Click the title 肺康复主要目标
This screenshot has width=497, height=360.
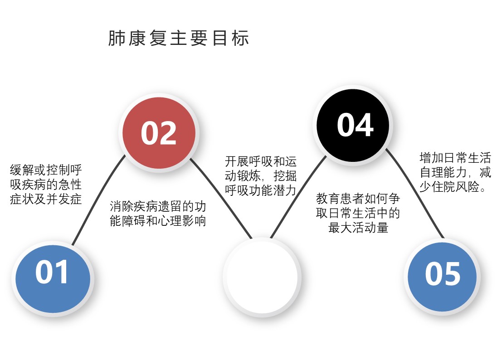click(x=179, y=39)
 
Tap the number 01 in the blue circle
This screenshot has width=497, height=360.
click(x=52, y=272)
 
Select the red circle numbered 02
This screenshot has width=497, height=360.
click(x=159, y=133)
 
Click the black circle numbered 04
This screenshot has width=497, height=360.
click(x=353, y=125)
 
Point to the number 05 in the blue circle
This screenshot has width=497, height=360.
click(x=443, y=274)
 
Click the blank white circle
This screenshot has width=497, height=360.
click(x=262, y=277)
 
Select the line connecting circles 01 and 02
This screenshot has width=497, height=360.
click(x=98, y=199)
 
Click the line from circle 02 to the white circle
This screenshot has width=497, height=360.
click(x=221, y=198)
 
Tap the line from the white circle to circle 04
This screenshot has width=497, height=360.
click(x=298, y=196)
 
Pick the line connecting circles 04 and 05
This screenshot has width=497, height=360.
click(x=414, y=193)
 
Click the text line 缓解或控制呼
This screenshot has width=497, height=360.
click(x=46, y=170)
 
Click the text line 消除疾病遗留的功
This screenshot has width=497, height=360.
click(x=158, y=207)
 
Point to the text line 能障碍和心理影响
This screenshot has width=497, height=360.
click(x=158, y=221)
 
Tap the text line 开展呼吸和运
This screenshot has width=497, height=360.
click(x=261, y=161)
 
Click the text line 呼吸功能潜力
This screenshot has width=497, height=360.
click(x=261, y=190)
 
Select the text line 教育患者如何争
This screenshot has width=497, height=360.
click(x=358, y=199)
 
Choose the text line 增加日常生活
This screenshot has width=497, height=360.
click(x=455, y=158)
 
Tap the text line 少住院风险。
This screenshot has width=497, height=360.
click(x=453, y=187)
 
